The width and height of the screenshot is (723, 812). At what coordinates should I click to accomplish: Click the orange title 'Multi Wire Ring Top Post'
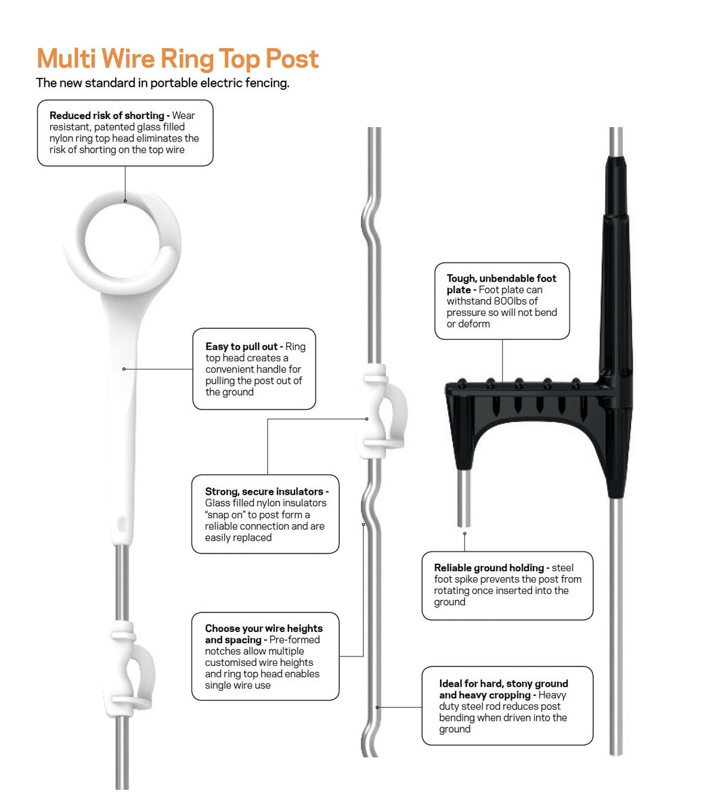click(177, 60)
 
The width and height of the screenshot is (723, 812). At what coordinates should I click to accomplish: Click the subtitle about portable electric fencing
click(162, 83)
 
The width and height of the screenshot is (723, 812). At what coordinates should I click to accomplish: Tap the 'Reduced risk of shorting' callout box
click(125, 133)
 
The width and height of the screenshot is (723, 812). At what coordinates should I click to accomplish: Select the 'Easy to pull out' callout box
click(254, 369)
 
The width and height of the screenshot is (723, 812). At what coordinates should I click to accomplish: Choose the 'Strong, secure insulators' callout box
click(265, 514)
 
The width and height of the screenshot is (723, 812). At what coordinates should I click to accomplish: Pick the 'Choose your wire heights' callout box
click(265, 656)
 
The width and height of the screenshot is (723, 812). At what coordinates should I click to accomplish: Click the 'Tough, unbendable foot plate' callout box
click(502, 300)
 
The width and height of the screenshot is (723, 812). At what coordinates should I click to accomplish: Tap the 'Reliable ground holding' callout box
click(507, 585)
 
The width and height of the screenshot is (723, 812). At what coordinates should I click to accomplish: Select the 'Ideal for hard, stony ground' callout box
click(507, 705)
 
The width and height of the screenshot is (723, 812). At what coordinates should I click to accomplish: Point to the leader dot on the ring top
click(125, 201)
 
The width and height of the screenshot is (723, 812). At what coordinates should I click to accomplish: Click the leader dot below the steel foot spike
click(465, 533)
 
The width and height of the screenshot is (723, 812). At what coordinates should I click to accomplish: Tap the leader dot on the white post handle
click(124, 369)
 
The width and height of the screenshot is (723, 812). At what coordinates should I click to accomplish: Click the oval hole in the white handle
click(122, 524)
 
